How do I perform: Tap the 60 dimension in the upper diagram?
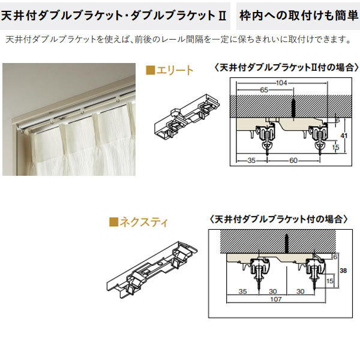click(292, 160)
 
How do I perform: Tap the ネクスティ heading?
click(145, 223)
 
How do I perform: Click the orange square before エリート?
click(151, 71)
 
